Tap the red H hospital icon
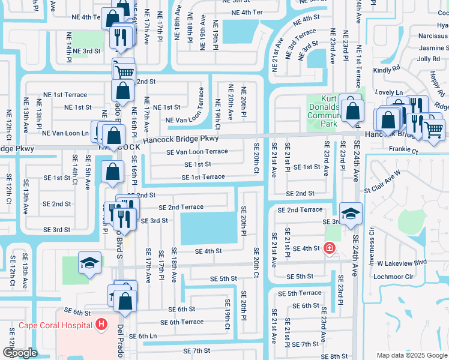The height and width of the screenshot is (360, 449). click(101, 325)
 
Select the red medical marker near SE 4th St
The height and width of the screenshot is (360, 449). click(328, 247)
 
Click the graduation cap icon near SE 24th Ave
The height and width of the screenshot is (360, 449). click(351, 212)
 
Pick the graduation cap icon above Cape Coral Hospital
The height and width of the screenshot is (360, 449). click(89, 263)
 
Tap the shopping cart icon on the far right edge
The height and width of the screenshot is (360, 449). click(434, 128)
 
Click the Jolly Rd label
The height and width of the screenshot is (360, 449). click(429, 59)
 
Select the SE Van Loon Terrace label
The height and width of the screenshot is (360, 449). click(197, 152)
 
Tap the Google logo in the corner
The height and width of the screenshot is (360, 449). click(20, 353)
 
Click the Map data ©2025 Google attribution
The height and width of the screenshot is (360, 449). click(411, 355)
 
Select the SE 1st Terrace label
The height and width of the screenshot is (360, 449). click(203, 177)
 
